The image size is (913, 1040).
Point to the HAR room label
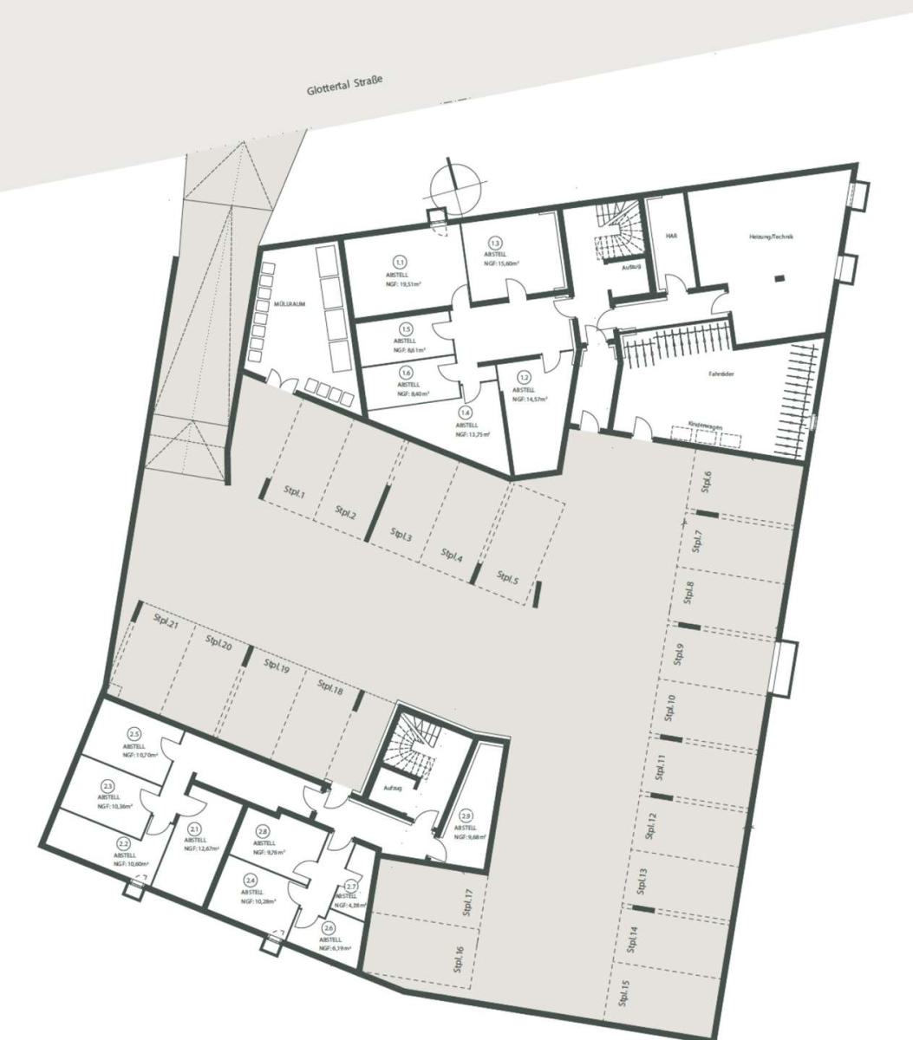click(670, 236)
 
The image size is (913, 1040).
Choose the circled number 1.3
click(496, 244)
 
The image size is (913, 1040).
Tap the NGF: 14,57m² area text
click(528, 400)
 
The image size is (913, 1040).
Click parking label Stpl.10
click(669, 707)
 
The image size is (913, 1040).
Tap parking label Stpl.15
click(623, 993)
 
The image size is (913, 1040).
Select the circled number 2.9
click(466, 816)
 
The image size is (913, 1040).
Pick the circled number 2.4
click(251, 881)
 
